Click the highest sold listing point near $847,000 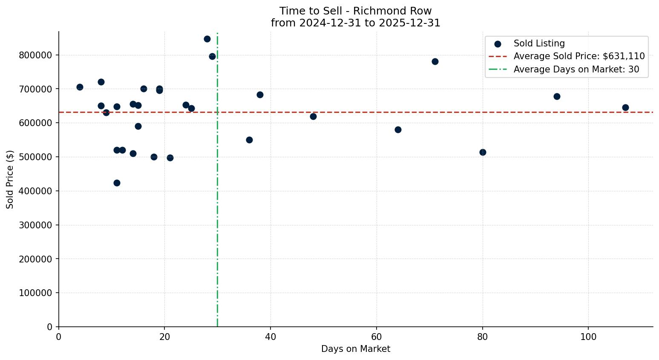click(x=207, y=39)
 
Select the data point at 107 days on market click(x=625, y=107)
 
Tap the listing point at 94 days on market click(x=557, y=96)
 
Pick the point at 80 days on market click(x=483, y=152)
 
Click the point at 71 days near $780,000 click(x=435, y=61)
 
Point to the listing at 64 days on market click(x=398, y=130)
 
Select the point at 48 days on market click(x=313, y=116)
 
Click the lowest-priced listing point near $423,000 click(x=117, y=183)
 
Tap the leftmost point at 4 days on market click(x=80, y=87)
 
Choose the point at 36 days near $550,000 click(x=249, y=140)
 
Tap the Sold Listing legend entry click(x=539, y=43)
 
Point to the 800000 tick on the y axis click(x=35, y=55)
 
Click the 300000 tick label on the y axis click(x=35, y=225)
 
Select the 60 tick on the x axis click(x=377, y=337)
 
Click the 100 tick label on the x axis click(x=588, y=337)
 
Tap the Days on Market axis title click(x=356, y=349)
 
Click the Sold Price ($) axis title click(x=10, y=179)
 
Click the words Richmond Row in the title click(x=392, y=11)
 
